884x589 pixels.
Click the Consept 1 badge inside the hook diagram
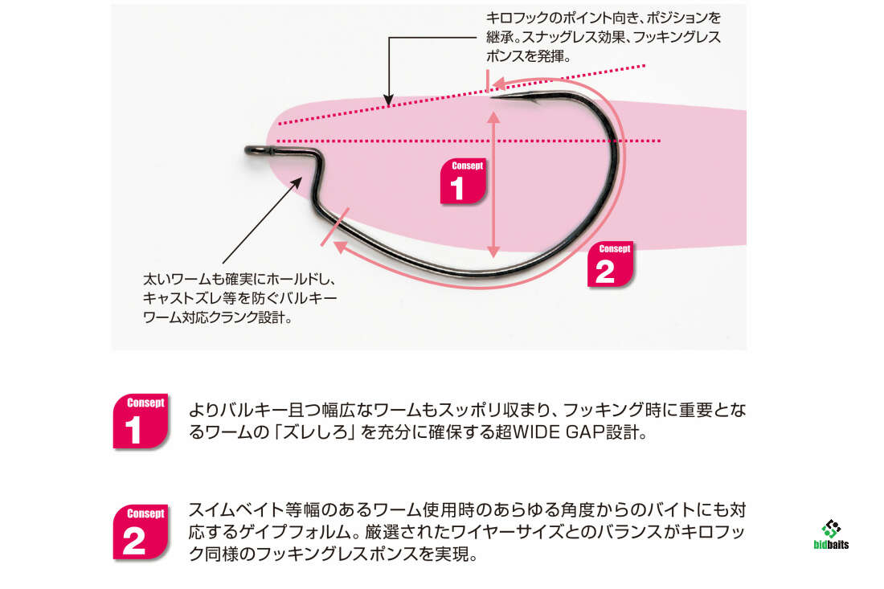463,181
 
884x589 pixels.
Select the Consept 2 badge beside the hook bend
610,264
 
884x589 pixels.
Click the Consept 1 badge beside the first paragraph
141,422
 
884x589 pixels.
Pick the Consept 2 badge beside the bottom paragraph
141,532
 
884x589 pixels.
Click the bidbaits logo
831,534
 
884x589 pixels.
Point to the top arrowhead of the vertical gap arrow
493,117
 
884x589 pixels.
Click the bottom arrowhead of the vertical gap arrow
493,252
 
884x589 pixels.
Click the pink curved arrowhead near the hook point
497,84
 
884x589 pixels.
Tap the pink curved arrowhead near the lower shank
340,247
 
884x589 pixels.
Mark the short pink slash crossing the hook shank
335,227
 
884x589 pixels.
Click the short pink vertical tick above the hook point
489,80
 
